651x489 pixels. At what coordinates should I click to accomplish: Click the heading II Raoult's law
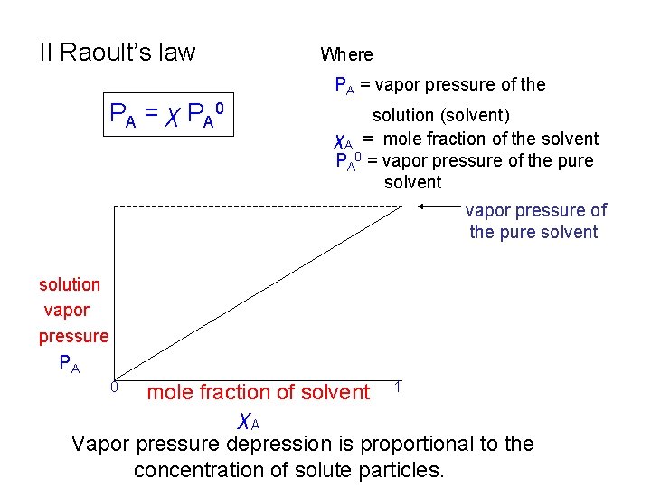117,53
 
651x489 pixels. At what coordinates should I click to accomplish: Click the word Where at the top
346,55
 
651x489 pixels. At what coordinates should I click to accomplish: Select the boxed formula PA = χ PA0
166,114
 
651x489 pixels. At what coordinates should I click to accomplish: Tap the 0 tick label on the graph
116,387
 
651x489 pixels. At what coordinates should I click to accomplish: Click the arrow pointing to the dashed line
439,207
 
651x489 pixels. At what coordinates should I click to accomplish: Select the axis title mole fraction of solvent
258,393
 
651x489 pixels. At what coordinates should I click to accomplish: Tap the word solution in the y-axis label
70,284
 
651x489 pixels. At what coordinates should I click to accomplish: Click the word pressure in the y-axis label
73,336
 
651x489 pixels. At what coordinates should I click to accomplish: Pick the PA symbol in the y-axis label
69,363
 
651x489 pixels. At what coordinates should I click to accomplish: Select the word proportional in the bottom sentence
425,445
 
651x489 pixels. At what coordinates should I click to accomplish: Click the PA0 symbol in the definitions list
348,162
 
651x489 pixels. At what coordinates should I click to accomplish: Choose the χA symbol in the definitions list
343,140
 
